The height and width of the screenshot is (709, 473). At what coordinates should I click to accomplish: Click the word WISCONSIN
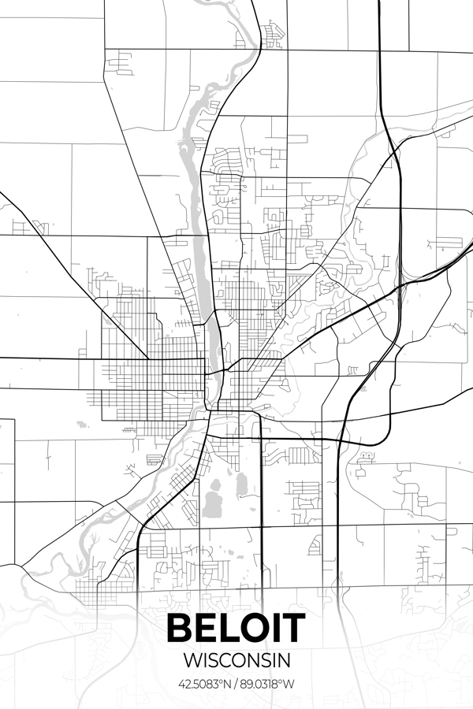[236, 659]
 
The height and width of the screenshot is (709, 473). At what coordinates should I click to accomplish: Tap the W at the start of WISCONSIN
[189, 659]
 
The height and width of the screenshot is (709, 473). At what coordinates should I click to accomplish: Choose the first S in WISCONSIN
[214, 659]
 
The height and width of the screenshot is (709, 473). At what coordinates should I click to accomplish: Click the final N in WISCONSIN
[285, 659]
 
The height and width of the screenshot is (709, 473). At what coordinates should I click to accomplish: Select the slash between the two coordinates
[236, 682]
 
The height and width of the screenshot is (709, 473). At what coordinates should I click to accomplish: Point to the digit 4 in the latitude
[182, 682]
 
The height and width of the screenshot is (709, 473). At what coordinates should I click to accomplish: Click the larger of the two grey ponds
[211, 501]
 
